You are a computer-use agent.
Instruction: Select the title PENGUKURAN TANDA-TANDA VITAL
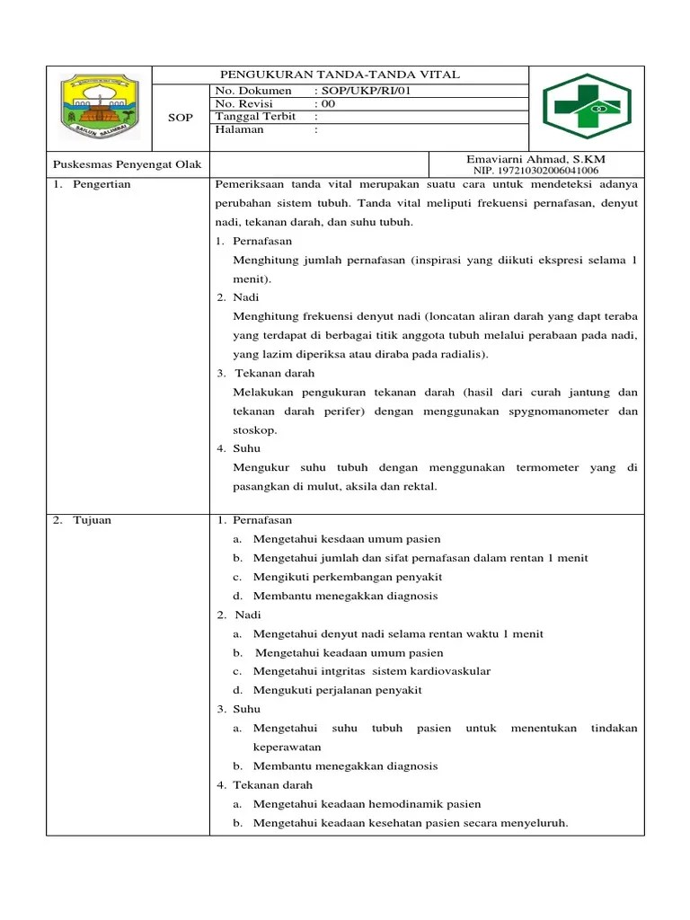(x=341, y=75)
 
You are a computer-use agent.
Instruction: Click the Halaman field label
(x=240, y=129)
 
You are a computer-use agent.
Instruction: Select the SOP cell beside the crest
(x=181, y=118)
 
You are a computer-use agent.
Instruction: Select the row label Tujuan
(x=93, y=520)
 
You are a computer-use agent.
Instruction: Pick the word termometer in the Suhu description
(x=546, y=467)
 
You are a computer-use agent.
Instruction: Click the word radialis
(x=457, y=354)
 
